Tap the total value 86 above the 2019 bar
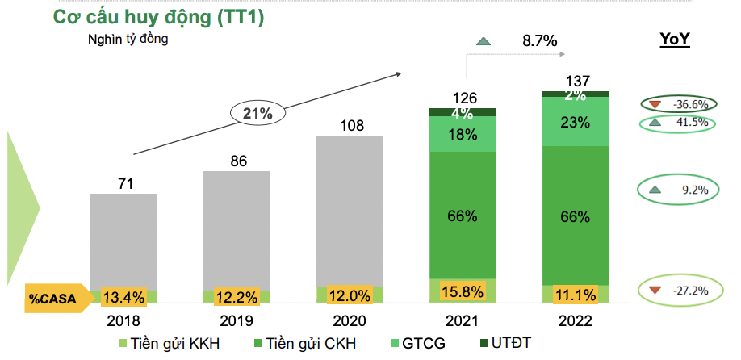(x=237, y=161)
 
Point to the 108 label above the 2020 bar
(x=350, y=126)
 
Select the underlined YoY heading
(x=674, y=40)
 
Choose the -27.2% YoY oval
(x=678, y=290)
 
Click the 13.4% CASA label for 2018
(x=123, y=297)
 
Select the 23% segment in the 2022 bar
(x=576, y=123)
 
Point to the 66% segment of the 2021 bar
(x=463, y=216)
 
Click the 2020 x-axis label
(x=350, y=320)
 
